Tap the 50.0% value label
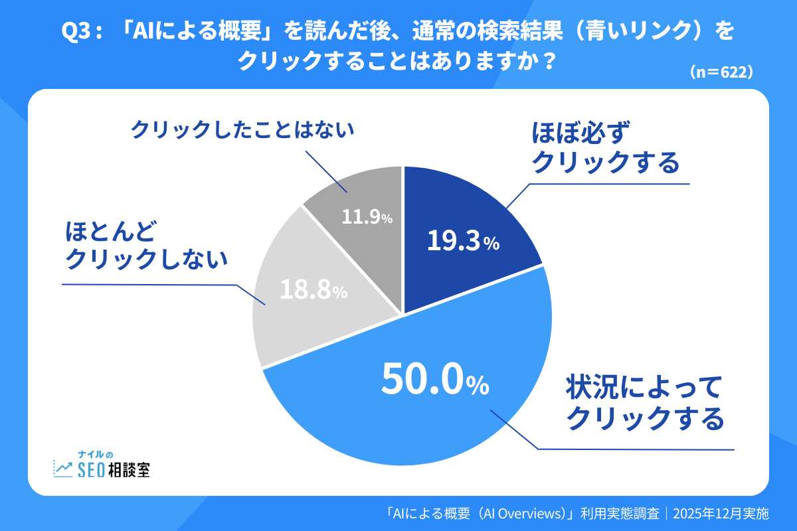(435, 380)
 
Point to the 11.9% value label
(367, 216)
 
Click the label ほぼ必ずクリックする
(605, 148)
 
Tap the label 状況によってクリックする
(643, 403)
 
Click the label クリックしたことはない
(242, 129)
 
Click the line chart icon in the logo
(64, 469)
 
